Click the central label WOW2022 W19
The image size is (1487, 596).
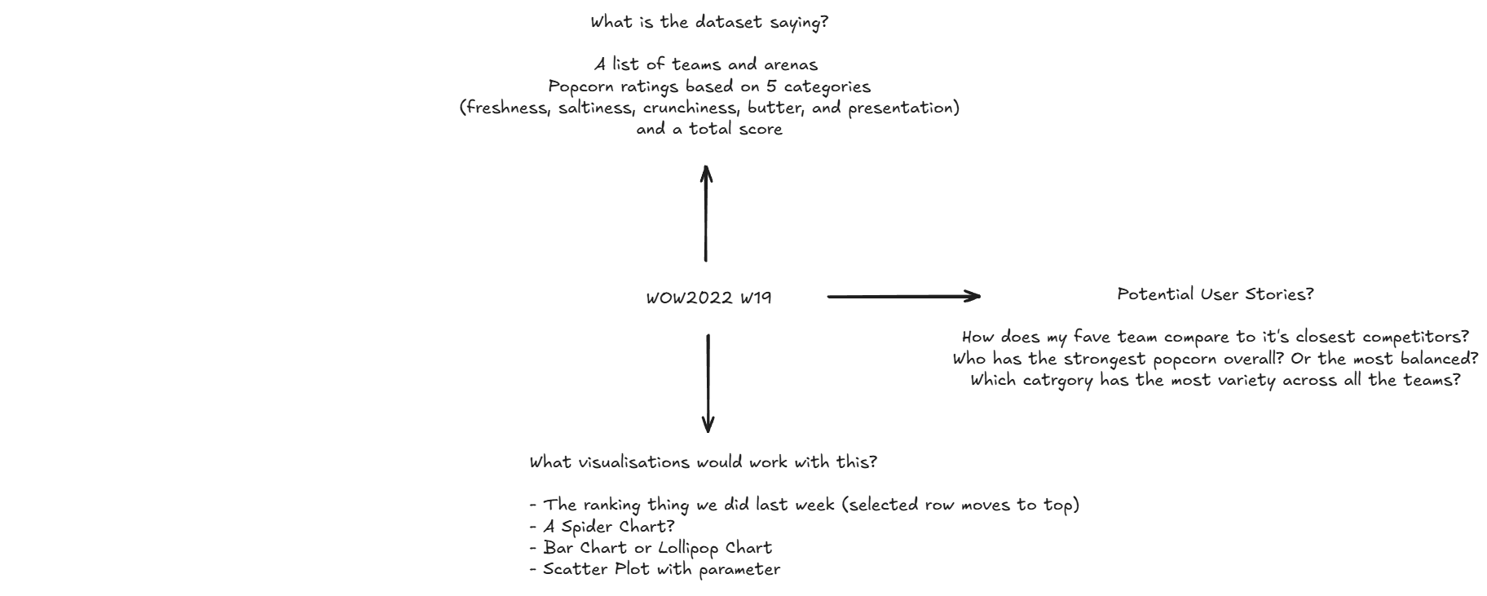click(x=708, y=298)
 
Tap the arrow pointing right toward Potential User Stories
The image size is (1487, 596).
click(x=903, y=297)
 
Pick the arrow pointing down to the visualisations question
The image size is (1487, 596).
click(x=708, y=382)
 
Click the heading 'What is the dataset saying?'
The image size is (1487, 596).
click(x=709, y=23)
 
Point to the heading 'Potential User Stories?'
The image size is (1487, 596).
click(x=1215, y=294)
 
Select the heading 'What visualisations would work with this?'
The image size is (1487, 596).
click(x=703, y=462)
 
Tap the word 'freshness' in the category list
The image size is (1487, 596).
click(x=507, y=108)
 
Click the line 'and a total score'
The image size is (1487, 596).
click(x=709, y=130)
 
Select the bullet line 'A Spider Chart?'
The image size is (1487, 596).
click(x=608, y=527)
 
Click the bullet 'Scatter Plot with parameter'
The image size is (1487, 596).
click(x=661, y=569)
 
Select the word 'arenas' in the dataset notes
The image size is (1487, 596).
click(x=790, y=64)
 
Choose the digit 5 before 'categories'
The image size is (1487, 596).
click(x=770, y=86)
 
